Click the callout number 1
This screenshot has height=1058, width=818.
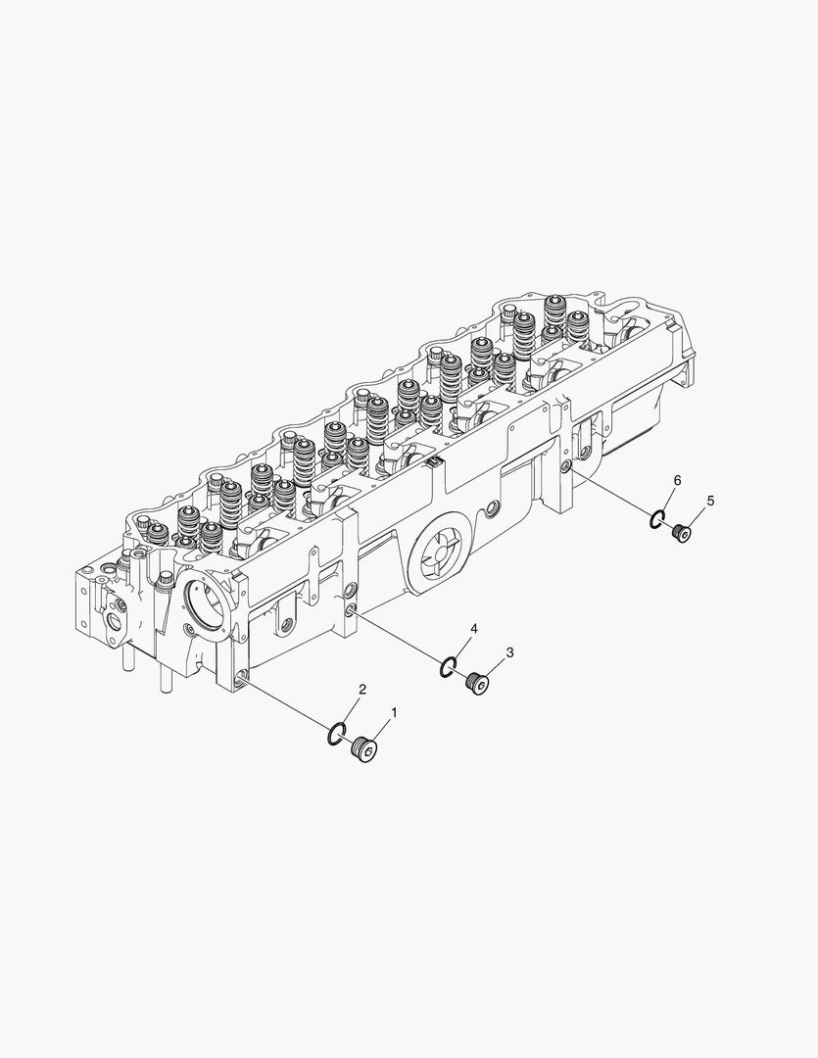point(395,712)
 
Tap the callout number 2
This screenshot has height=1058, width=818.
point(361,691)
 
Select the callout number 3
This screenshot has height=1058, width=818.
point(509,651)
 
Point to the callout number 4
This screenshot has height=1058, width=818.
point(473,628)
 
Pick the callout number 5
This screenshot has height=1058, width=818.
point(710,501)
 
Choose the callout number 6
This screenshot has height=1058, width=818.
point(677,479)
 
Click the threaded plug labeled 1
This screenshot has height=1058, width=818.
point(366,749)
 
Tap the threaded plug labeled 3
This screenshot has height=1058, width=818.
point(478,683)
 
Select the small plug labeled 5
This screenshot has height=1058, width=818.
point(682,532)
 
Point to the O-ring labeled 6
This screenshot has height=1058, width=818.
point(657,518)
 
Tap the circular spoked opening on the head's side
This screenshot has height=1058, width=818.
point(437,556)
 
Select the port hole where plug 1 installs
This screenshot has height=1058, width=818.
point(241,675)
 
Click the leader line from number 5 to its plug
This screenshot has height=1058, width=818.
point(697,516)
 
